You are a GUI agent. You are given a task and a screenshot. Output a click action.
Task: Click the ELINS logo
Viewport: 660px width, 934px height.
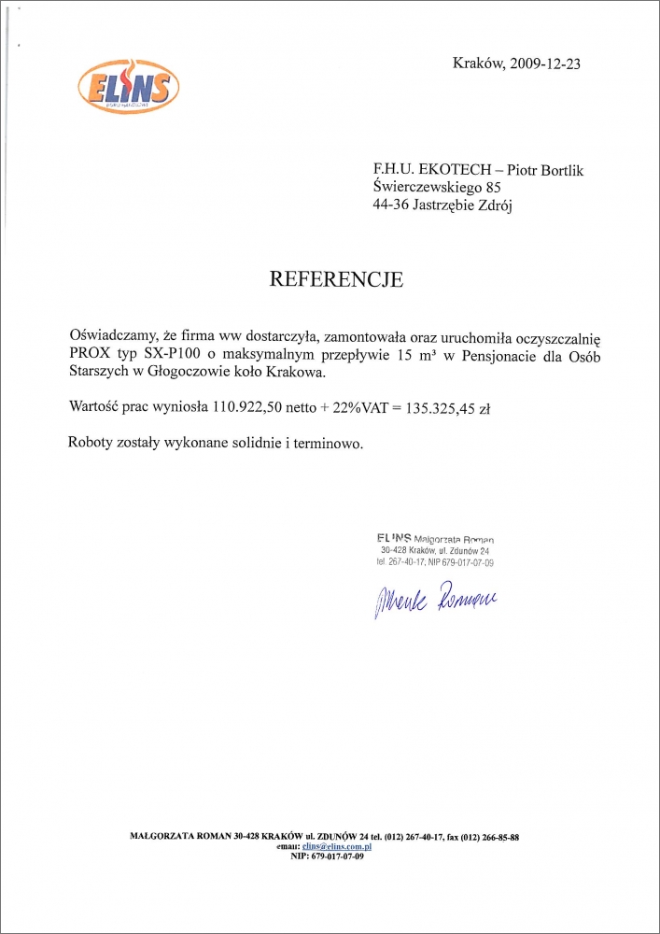click(128, 88)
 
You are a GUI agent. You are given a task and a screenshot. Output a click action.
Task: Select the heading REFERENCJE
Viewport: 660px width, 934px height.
click(336, 278)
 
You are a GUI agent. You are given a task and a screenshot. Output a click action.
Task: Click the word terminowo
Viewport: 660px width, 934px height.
click(323, 443)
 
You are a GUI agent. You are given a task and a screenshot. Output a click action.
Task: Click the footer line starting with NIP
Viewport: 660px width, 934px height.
click(327, 856)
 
